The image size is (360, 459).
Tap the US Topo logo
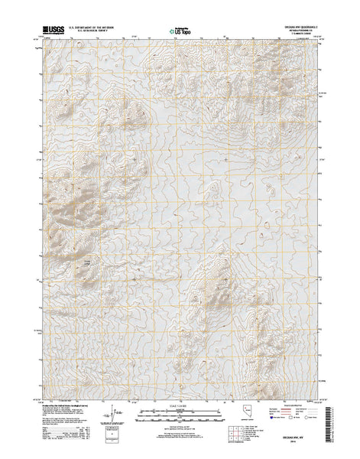click(180, 31)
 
